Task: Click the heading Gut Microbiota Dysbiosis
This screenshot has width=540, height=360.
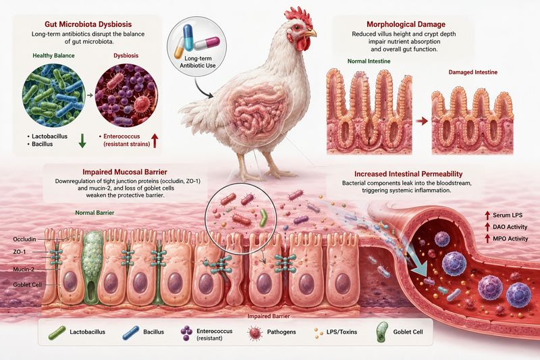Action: pos(88,24)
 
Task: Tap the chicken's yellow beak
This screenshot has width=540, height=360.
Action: pos(311,33)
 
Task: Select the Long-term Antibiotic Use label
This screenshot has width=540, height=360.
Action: pos(198,62)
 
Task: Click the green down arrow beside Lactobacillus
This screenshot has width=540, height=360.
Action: pos(82,141)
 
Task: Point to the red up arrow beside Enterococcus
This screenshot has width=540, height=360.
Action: pos(155,141)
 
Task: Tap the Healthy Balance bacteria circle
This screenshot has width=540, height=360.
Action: pos(53,95)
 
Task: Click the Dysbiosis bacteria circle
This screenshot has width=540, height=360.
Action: pos(126,95)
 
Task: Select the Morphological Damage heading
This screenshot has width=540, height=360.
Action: pos(406,24)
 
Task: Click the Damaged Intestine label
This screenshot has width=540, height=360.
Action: pos(473,72)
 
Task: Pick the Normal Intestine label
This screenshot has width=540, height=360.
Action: pos(369,61)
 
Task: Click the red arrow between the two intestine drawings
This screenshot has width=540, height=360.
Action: pos(421,121)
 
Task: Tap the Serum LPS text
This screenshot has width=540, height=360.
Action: pos(508,215)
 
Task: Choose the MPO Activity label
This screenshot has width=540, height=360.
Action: pos(510,238)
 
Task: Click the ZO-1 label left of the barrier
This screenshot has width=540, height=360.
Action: pos(20,252)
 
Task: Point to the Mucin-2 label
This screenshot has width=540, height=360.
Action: pos(24,269)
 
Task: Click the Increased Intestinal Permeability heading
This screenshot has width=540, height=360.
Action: pos(408,174)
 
